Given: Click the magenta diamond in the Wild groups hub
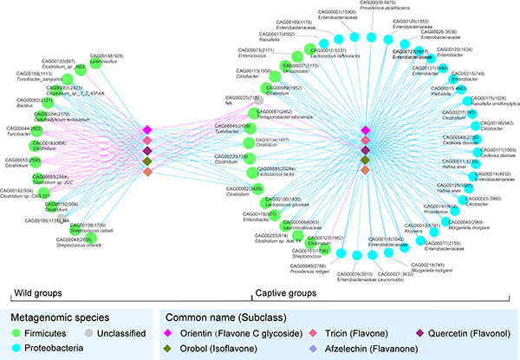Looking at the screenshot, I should pyautogui.click(x=147, y=129).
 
